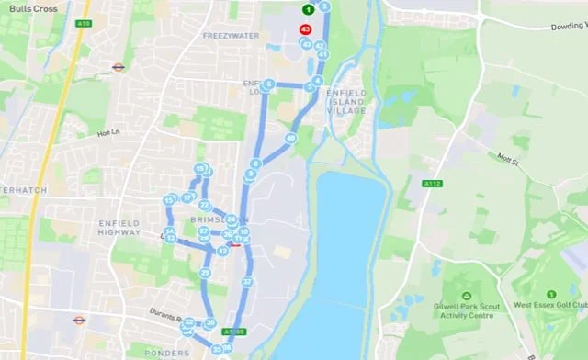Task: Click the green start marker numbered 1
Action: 308,9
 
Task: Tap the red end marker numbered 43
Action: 305,28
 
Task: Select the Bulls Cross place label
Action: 28,8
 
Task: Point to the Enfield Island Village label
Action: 346,99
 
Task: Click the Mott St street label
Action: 510,160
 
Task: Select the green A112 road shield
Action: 433,184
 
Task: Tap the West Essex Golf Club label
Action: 549,304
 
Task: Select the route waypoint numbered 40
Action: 289,139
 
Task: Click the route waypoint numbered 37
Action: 247,281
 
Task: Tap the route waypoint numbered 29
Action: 206,273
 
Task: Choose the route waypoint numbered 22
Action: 205,205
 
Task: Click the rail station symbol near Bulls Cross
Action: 119,67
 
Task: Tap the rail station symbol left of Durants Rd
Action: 79,321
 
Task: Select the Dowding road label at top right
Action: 568,27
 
